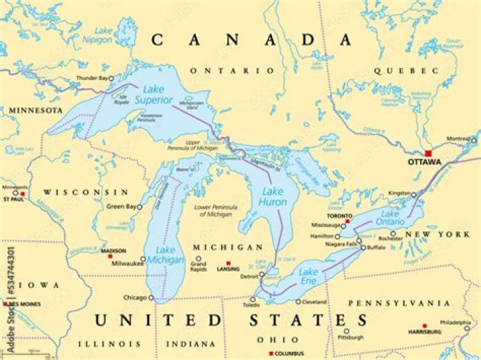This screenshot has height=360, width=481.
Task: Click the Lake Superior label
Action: [155, 94]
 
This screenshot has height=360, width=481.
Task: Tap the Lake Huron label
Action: [272, 197]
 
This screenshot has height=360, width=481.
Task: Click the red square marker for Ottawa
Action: [428, 153]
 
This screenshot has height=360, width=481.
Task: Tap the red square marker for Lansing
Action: [228, 262]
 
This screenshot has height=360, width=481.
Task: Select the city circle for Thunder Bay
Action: [112, 77]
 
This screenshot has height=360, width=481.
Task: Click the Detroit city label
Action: [247, 276]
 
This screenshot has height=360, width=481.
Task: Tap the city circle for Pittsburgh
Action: [346, 331]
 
